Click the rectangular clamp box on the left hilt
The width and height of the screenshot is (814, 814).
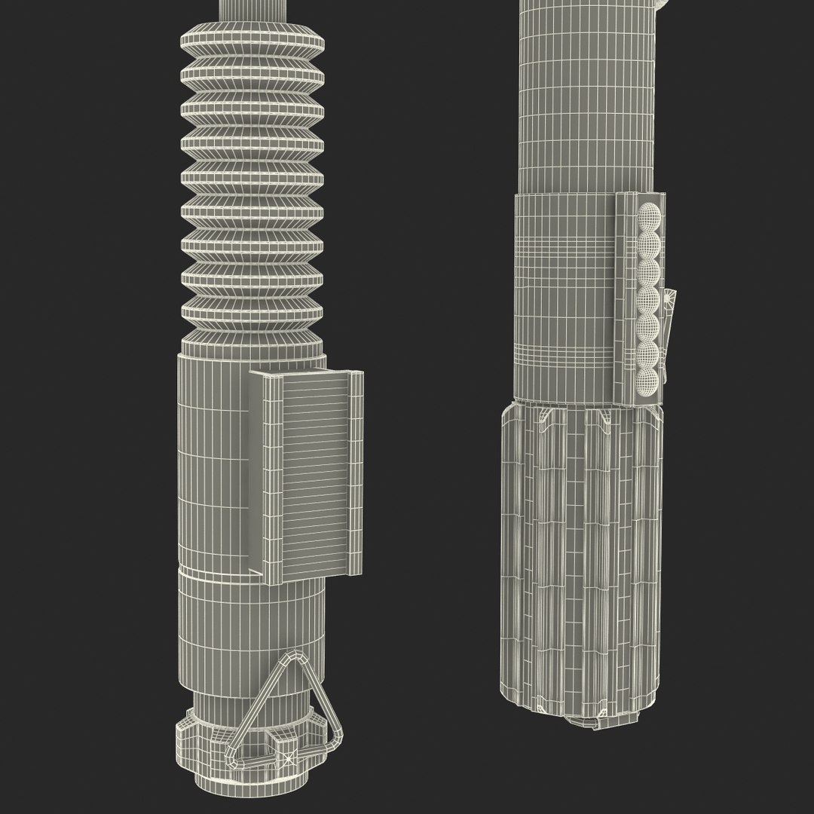(309, 475)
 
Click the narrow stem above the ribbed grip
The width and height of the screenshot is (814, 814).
(252, 9)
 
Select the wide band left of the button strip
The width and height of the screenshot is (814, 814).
(565, 294)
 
